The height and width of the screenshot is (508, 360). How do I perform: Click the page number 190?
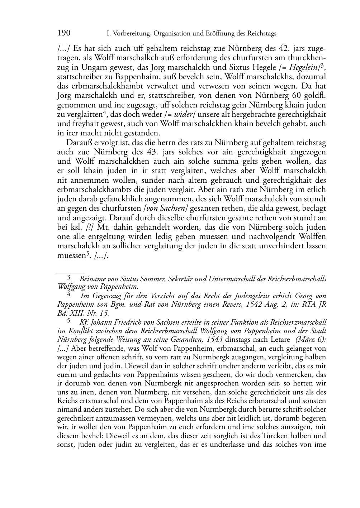64,33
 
